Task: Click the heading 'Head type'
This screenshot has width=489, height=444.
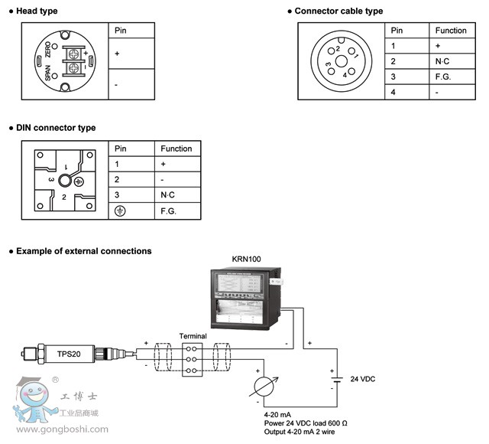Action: pyautogui.click(x=37, y=11)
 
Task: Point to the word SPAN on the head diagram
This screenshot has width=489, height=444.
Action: pyautogui.click(x=48, y=73)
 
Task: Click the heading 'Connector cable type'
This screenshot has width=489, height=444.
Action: pyautogui.click(x=338, y=11)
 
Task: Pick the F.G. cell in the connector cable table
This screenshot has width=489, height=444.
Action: pyautogui.click(x=441, y=77)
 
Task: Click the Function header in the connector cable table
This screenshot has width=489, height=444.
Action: pyautogui.click(x=451, y=31)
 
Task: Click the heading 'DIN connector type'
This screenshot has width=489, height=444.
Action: pyautogui.click(x=56, y=128)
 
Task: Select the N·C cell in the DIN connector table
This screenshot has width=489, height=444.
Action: pyautogui.click(x=168, y=194)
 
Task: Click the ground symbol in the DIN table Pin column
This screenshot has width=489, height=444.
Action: pyautogui.click(x=119, y=211)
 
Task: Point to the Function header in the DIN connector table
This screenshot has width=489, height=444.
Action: pyautogui.click(x=176, y=149)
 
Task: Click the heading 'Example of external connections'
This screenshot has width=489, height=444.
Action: pyautogui.click(x=83, y=251)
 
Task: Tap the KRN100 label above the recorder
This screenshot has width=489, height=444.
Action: pyautogui.click(x=246, y=260)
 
